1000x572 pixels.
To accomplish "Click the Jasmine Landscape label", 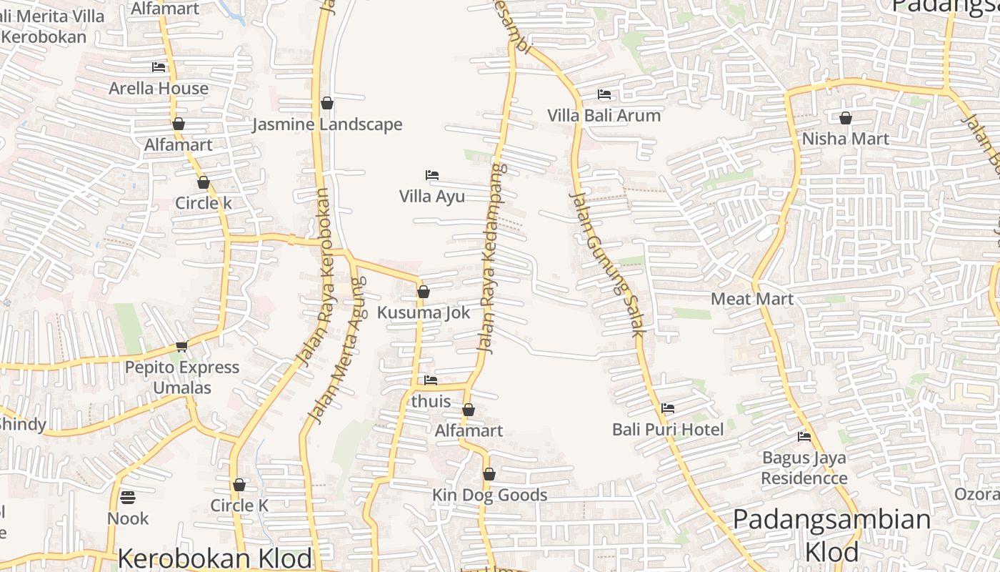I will pyautogui.click(x=327, y=124).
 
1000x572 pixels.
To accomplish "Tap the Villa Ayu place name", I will pyautogui.click(x=431, y=196).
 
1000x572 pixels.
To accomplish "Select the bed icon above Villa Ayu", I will pyautogui.click(x=431, y=175).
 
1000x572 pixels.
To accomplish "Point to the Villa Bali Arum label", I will pyautogui.click(x=604, y=115).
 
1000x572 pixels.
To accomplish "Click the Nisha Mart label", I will pyautogui.click(x=845, y=139).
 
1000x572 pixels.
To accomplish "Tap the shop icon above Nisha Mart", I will pyautogui.click(x=846, y=118).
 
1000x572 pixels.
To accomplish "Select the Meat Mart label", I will pyautogui.click(x=751, y=298).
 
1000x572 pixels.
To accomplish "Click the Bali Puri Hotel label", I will pyautogui.click(x=668, y=429).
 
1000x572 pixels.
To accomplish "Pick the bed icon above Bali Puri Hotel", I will pyautogui.click(x=668, y=408).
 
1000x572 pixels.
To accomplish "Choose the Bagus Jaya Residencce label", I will pyautogui.click(x=804, y=468).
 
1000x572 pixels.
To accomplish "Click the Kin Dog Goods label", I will pyautogui.click(x=489, y=495).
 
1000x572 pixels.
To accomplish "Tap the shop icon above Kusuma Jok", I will pyautogui.click(x=424, y=292).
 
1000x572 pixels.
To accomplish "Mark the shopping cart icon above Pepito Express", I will pyautogui.click(x=181, y=347).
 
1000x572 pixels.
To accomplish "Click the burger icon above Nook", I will pyautogui.click(x=128, y=497).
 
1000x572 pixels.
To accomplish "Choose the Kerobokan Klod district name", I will pyautogui.click(x=214, y=558).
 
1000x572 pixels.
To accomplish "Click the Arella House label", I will pyautogui.click(x=159, y=88).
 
